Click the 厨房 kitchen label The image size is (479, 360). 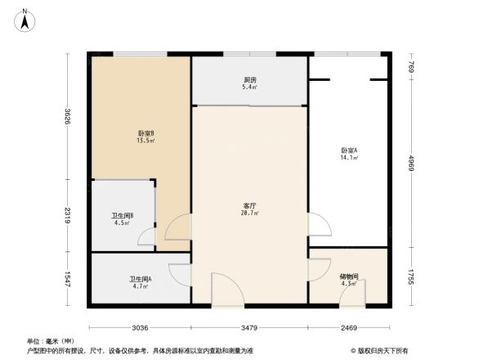tap(250, 79)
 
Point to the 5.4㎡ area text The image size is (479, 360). tap(250, 87)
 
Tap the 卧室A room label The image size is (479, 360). tap(349, 150)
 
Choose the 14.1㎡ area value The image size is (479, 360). tap(349, 158)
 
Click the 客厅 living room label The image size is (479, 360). tap(250, 205)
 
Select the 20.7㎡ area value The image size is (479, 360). tap(250, 214)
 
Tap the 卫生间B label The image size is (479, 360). tap(123, 216)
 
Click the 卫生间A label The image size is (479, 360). tap(140, 279)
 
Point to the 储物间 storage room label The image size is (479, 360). tap(348, 276)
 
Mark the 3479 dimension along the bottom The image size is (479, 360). tap(249, 327)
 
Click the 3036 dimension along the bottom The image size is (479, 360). tap(140, 327)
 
